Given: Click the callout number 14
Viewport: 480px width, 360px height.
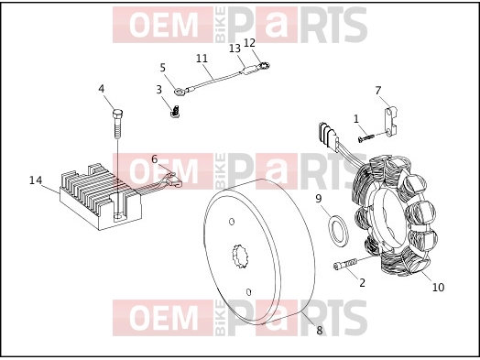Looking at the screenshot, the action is (x=36, y=180).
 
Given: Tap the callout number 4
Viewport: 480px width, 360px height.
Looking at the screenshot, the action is (x=102, y=89).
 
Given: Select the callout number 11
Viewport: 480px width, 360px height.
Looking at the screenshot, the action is (x=202, y=58).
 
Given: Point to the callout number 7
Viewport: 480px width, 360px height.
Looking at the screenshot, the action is (x=378, y=91).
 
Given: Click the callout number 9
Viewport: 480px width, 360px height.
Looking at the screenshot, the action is (x=319, y=199).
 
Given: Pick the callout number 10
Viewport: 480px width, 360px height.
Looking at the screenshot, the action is (x=438, y=287).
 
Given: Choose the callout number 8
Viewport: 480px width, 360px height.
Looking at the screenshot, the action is (x=320, y=331).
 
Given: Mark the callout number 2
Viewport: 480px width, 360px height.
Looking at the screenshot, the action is (x=362, y=283).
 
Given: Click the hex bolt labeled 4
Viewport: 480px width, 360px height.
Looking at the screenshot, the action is (x=118, y=124).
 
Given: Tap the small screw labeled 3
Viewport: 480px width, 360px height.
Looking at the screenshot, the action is (x=175, y=112).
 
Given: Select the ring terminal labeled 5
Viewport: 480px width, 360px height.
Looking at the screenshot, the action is (x=179, y=91).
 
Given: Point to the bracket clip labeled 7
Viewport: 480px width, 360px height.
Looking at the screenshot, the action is (x=390, y=121).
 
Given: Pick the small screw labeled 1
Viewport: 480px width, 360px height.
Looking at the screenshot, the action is (x=366, y=138).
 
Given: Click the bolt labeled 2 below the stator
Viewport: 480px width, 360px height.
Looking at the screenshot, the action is (x=344, y=264).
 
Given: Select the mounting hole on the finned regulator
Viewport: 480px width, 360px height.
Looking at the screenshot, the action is (x=118, y=217).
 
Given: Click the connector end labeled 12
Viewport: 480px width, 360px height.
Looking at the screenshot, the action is (x=264, y=66).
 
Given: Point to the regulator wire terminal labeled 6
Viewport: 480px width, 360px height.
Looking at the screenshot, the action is (x=174, y=180).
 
